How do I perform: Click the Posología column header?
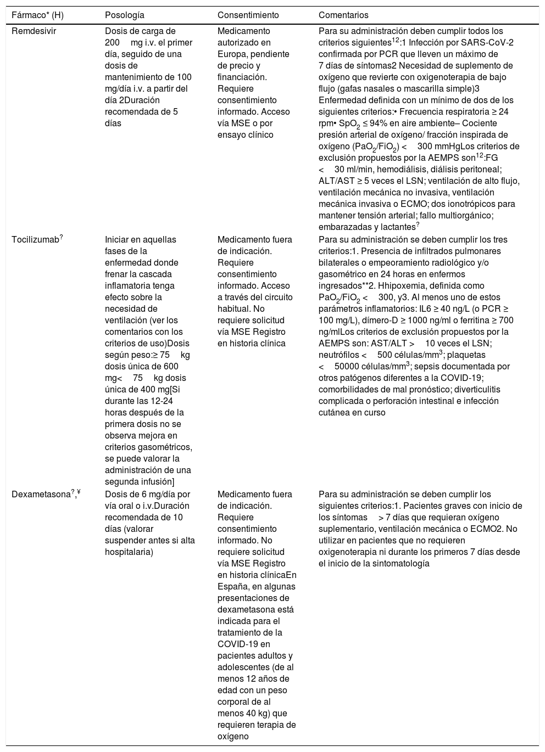coord(124,15)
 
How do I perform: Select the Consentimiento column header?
coord(248,15)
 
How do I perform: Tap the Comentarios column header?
coord(343,15)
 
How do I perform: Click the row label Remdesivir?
coord(34,31)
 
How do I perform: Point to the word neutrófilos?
coord(338,355)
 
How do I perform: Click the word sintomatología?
coord(398,564)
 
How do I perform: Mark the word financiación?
coord(243,77)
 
